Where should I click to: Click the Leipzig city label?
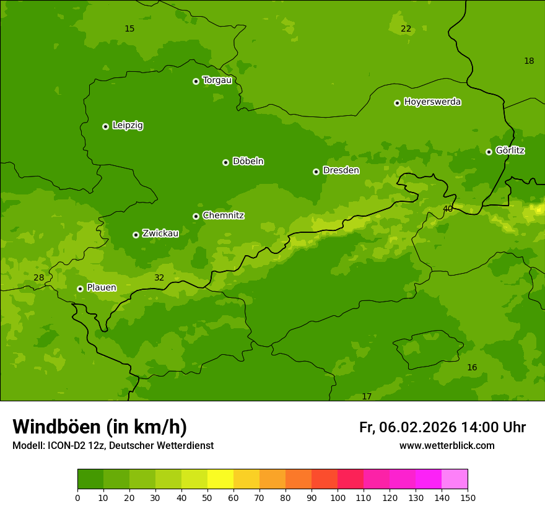pos(128,125)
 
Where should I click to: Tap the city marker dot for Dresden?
pos(316,172)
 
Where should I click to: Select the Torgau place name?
pos(217,80)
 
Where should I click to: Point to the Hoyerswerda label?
pos(432,102)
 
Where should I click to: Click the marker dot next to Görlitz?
pos(489,152)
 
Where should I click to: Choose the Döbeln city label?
pos(248,161)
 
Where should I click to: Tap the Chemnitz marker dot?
pos(196,216)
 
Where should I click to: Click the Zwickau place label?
pos(160,233)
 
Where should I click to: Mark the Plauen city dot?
pos(80,289)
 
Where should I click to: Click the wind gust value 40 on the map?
pos(447,209)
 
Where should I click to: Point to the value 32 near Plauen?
pos(159,277)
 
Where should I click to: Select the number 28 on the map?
pos(38,277)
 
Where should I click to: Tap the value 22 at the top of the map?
pos(406,28)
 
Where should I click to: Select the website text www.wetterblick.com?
pos(447,445)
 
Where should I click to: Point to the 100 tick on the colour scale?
pos(338,497)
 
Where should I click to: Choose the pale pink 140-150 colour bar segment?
pos(455,479)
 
